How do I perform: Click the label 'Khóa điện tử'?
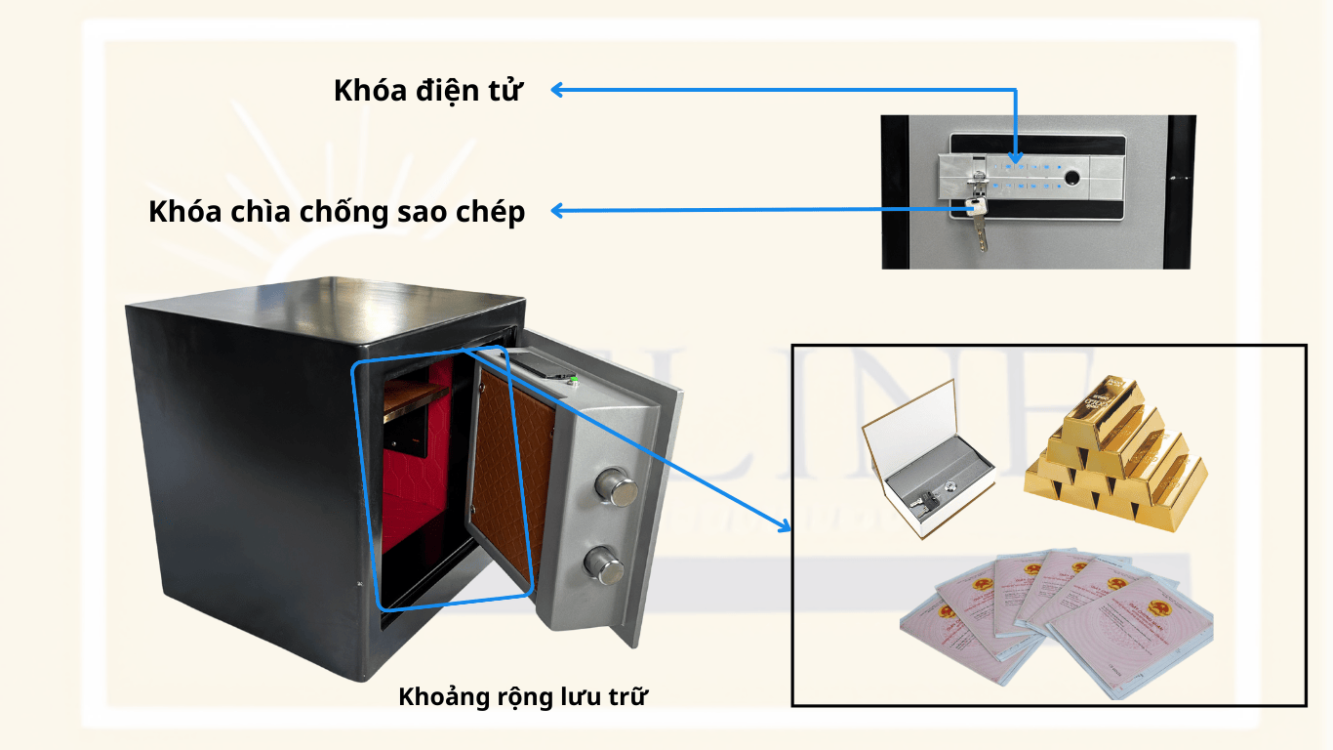pyautogui.click(x=428, y=91)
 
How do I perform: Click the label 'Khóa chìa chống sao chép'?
pyautogui.click(x=337, y=212)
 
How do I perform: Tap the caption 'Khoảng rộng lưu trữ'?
pyautogui.click(x=523, y=696)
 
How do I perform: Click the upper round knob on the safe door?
pyautogui.click(x=613, y=486)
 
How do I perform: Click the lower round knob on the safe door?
pyautogui.click(x=603, y=563)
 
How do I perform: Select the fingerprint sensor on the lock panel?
pyautogui.click(x=1072, y=181)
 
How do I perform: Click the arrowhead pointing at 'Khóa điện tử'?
pyautogui.click(x=557, y=90)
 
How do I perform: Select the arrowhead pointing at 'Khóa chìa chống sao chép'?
pyautogui.click(x=557, y=210)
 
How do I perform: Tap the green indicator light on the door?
pyautogui.click(x=575, y=379)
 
